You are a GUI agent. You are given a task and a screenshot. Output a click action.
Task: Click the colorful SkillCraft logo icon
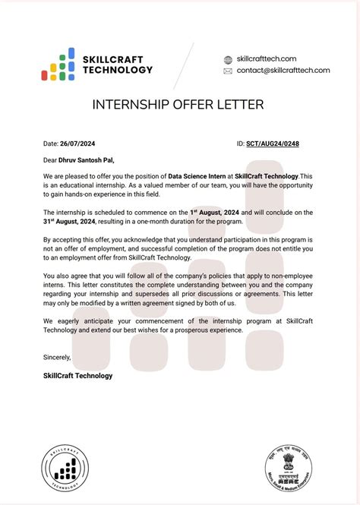click(x=58, y=64)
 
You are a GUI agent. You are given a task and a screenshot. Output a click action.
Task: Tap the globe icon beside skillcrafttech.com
click(x=228, y=58)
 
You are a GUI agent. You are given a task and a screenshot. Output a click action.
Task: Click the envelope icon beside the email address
click(x=228, y=71)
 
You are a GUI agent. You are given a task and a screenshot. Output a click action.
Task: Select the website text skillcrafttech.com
click(x=267, y=58)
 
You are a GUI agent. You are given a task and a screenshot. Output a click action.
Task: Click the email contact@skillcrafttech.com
click(x=283, y=71)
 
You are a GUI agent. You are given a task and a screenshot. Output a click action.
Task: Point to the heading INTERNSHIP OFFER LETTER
click(x=178, y=104)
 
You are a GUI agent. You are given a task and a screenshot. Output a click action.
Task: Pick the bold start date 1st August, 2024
click(x=218, y=212)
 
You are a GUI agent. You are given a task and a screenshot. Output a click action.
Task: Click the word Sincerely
click(x=58, y=357)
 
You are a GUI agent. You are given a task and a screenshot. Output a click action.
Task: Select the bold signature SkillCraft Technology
click(x=78, y=375)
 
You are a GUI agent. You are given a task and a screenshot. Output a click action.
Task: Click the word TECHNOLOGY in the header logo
click(x=118, y=70)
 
